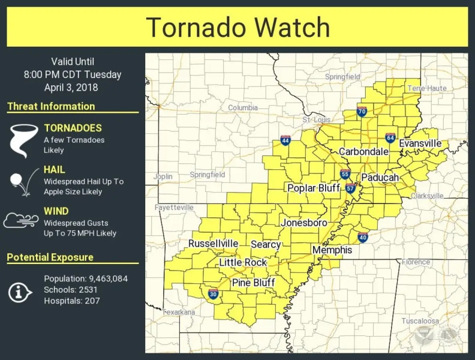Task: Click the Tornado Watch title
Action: click(237, 28)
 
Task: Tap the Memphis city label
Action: click(332, 250)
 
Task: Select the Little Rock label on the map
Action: click(243, 263)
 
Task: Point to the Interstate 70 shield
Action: click(362, 111)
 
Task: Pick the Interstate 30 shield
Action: click(213, 293)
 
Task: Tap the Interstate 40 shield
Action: click(363, 237)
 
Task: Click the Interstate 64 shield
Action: click(390, 138)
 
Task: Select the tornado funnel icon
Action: click(22, 139)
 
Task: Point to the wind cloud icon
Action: click(21, 221)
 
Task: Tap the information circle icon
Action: click(20, 292)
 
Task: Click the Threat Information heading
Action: click(51, 107)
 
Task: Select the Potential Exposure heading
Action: click(50, 257)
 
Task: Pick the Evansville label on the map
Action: click(420, 143)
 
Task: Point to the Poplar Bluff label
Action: click(314, 188)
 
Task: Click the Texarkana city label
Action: click(179, 312)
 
